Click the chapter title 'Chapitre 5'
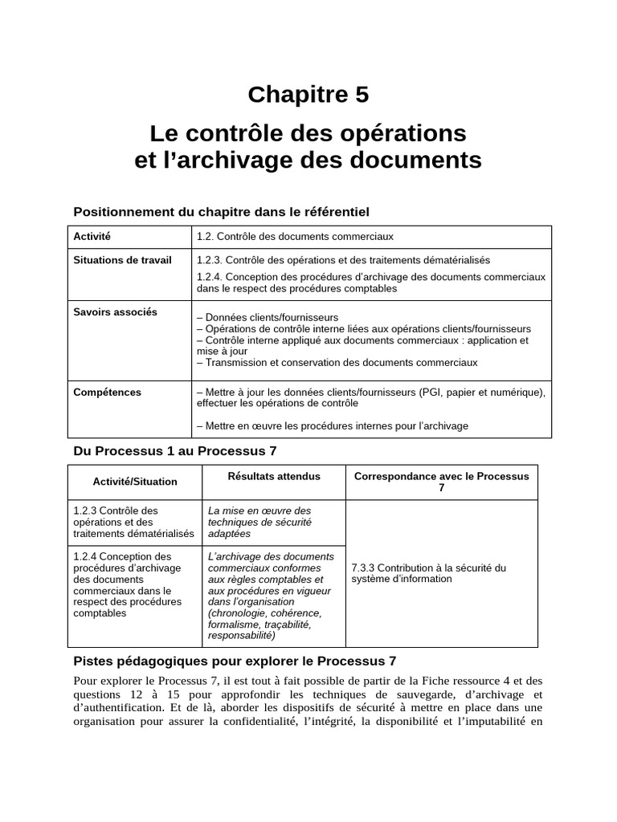(308, 95)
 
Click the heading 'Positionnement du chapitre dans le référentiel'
(221, 212)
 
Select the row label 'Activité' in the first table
(92, 237)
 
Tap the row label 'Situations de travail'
(122, 260)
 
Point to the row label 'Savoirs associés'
(115, 312)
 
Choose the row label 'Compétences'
(107, 393)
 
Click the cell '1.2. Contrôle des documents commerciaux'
(295, 237)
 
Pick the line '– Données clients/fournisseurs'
(267, 317)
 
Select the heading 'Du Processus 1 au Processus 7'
(174, 451)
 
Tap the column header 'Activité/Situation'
(136, 482)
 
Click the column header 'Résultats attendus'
(274, 476)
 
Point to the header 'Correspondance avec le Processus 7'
(441, 482)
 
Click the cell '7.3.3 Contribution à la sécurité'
(429, 573)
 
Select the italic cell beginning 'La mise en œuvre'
(259, 522)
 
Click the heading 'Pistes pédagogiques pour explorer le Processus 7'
(235, 661)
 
